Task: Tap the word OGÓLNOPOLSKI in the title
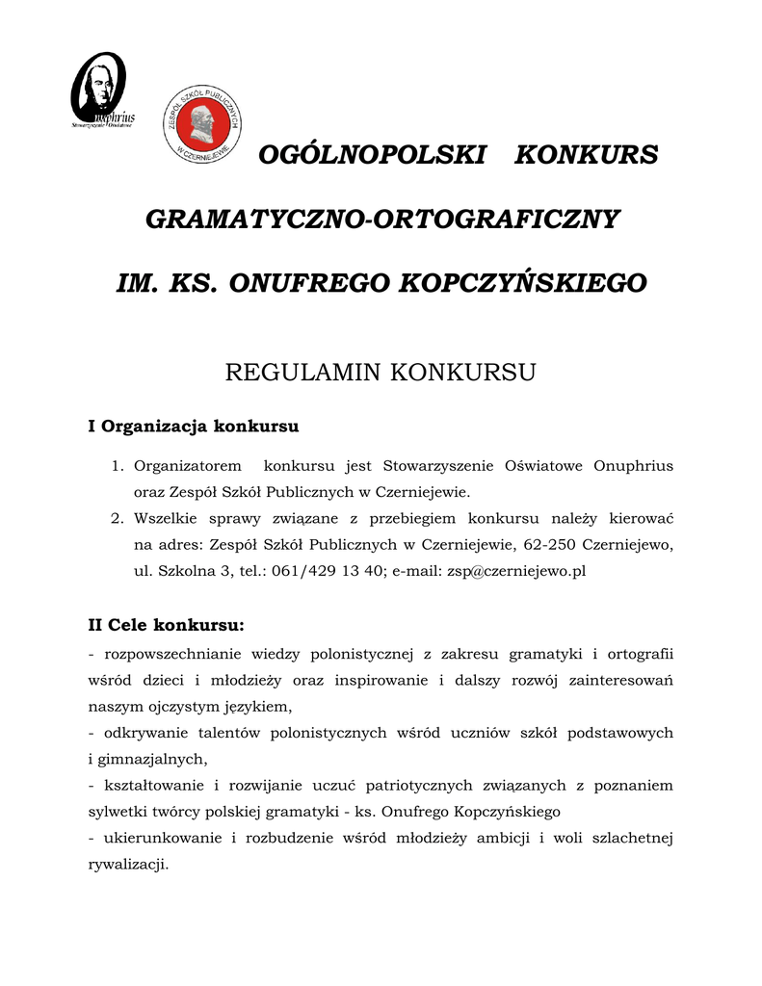pyautogui.click(x=373, y=154)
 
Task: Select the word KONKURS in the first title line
pyautogui.click(x=586, y=154)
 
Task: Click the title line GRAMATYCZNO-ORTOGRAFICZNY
pyautogui.click(x=381, y=219)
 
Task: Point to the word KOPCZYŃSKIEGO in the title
pyautogui.click(x=523, y=283)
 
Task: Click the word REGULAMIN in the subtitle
pyautogui.click(x=303, y=373)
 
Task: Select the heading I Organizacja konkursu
pyautogui.click(x=194, y=426)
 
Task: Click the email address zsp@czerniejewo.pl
pyautogui.click(x=514, y=571)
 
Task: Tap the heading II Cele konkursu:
pyautogui.click(x=166, y=625)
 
